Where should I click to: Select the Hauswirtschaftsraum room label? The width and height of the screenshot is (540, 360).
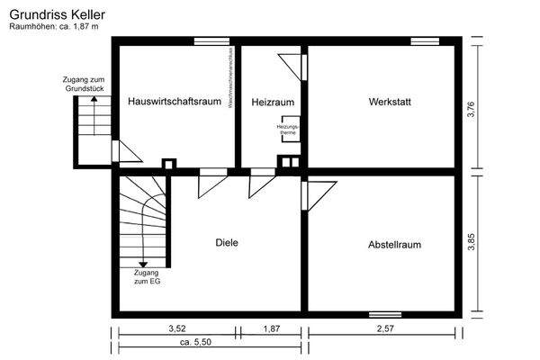[x=175, y=102]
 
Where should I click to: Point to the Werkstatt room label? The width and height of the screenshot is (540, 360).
[x=389, y=102]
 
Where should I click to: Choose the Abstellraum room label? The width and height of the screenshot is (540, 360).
[x=394, y=244]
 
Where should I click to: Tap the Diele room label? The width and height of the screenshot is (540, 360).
[x=226, y=242]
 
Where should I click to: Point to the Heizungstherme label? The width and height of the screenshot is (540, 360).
[x=287, y=130]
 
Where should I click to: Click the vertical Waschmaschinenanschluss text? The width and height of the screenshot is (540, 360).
[x=232, y=90]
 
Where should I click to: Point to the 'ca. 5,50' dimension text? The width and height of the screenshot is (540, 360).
[x=195, y=344]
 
